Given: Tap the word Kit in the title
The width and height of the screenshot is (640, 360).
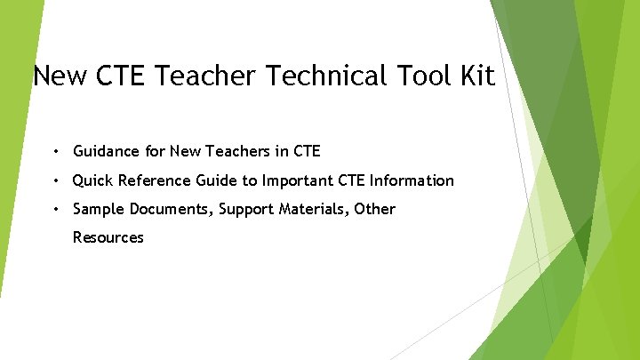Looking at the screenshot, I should coord(476,76).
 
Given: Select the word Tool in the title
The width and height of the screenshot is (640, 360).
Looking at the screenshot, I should coord(420,76).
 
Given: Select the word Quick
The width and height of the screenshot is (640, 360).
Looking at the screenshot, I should coord(93,180).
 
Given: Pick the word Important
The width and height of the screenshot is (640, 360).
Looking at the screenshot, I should coord(295,180).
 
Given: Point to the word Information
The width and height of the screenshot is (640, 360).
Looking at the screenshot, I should coord(412,180).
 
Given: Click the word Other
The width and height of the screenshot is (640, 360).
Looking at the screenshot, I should coord(376,209).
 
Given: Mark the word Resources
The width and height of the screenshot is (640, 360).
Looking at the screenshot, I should coord(108,237).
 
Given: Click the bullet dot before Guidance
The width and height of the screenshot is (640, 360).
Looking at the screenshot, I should coord(56,152).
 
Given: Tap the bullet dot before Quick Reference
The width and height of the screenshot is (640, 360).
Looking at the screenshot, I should coord(56,180).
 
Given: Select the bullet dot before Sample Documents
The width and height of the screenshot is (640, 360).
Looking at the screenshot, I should coord(56,209).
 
